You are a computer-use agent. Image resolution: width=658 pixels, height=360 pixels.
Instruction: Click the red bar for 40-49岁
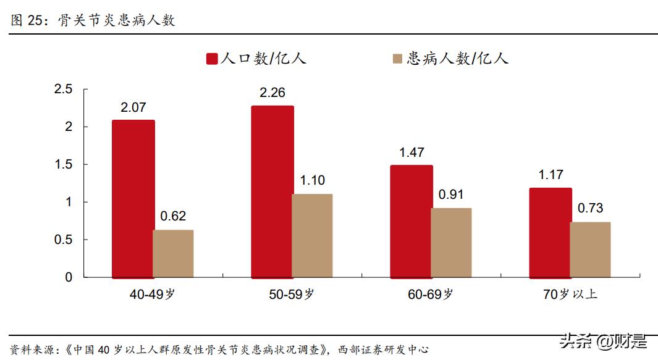[x=133, y=198]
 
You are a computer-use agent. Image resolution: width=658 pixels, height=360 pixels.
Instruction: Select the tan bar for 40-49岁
[x=173, y=253]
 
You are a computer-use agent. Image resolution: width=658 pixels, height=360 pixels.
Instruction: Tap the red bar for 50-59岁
[x=272, y=191]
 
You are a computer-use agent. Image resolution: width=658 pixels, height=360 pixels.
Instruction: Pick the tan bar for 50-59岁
[x=312, y=235]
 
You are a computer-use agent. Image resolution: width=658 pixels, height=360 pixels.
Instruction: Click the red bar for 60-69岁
[x=411, y=221]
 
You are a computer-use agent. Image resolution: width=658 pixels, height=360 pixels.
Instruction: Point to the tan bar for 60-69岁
[x=451, y=242]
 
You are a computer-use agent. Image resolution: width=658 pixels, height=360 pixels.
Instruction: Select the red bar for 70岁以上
[x=550, y=232]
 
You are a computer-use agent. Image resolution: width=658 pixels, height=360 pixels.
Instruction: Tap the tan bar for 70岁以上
[x=590, y=249]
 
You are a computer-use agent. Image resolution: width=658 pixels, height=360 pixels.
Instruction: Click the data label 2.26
[x=272, y=93]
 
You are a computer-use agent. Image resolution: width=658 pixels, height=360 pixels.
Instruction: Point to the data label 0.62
[x=173, y=217]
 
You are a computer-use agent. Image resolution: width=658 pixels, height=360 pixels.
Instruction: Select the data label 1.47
[x=411, y=153]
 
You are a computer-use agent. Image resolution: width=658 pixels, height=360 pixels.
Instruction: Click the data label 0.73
[x=590, y=209]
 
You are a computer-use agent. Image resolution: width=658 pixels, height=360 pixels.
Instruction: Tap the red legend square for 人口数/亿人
[x=212, y=59]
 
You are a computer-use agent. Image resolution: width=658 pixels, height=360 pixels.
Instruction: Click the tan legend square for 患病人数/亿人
[x=397, y=59]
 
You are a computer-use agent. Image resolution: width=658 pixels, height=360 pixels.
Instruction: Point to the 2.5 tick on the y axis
[x=64, y=90]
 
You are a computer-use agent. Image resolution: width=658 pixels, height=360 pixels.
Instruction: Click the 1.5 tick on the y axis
[x=64, y=165]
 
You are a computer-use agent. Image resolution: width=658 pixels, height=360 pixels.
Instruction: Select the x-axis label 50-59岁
[x=292, y=295]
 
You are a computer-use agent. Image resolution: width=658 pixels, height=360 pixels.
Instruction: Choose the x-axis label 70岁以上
[x=570, y=295]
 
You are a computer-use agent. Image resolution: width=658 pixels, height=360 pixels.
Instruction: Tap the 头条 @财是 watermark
[x=603, y=340]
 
